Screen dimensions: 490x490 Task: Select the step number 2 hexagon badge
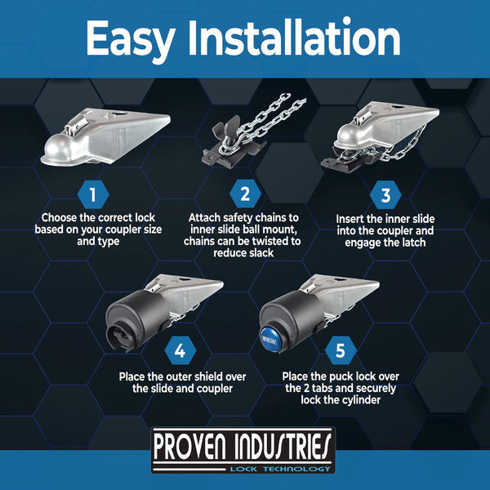[x=244, y=194]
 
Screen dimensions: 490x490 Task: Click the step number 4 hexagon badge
[x=179, y=351]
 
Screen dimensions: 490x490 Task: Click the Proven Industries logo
[x=244, y=447]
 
